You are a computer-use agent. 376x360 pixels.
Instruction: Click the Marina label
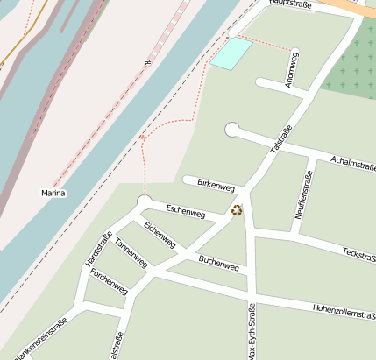tap(53, 193)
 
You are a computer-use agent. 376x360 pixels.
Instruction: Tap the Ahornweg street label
tap(292, 71)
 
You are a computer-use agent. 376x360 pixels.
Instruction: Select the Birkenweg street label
tap(216, 186)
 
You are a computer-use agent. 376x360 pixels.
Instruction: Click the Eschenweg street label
tap(185, 211)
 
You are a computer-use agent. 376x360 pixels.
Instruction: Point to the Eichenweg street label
tap(160, 235)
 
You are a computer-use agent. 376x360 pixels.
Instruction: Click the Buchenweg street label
tap(218, 261)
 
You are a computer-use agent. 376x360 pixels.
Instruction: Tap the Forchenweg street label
tap(109, 282)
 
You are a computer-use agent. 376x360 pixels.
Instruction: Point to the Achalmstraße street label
tap(353, 162)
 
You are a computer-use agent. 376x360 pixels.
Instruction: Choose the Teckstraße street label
tap(358, 254)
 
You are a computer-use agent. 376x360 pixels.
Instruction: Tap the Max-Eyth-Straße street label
tap(252, 331)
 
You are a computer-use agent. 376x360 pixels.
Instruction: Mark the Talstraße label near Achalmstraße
tap(280, 139)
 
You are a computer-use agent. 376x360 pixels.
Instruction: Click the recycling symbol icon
tap(236, 210)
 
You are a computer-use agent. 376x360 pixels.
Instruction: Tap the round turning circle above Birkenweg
tap(232, 130)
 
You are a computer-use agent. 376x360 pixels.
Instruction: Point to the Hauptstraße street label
tap(292, 4)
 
